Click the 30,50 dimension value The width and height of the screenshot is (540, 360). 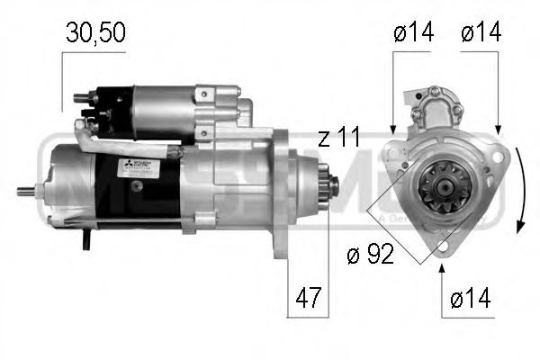tap(94, 33)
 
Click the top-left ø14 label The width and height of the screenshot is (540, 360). tap(413, 33)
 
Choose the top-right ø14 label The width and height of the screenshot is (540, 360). tap(481, 33)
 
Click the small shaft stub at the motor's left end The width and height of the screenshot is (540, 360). tap(35, 191)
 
